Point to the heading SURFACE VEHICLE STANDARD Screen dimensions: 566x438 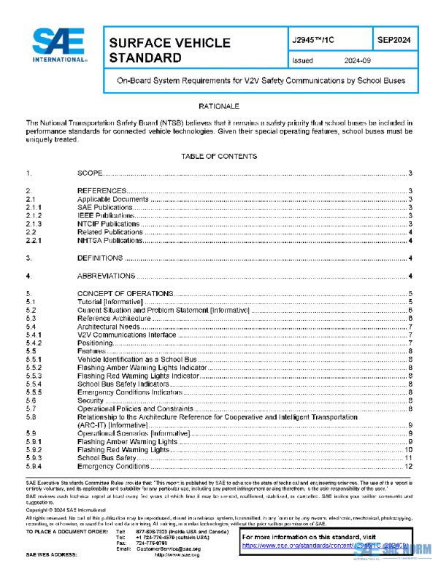(x=169, y=50)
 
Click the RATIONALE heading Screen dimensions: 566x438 (x=218, y=106)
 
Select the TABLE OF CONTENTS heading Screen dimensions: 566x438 (x=218, y=156)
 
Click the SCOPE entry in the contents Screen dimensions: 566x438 (x=91, y=173)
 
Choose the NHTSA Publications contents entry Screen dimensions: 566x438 (x=110, y=241)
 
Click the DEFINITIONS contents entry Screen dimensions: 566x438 (x=101, y=258)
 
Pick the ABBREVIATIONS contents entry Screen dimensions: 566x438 (x=106, y=276)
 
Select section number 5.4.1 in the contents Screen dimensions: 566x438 (x=34, y=335)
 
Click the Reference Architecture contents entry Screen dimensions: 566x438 (x=115, y=318)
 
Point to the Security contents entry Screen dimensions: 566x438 (x=91, y=400)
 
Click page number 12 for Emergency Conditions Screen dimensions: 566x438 (x=410, y=466)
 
